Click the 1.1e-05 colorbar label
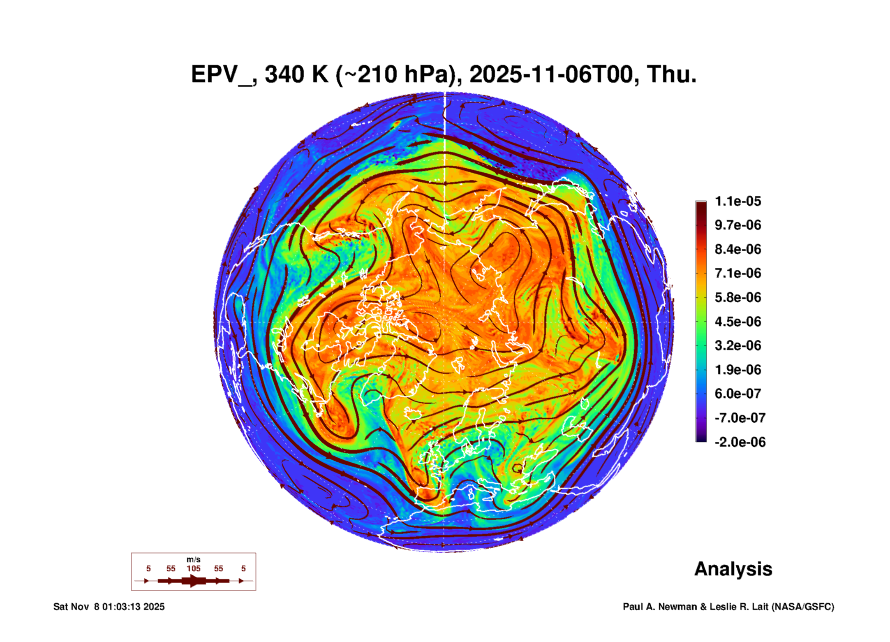pos(737,201)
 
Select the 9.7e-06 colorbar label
pos(737,225)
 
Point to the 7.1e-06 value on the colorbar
pos(737,273)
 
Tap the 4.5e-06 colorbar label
pos(737,321)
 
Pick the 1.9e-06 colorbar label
pos(737,369)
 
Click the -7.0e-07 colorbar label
pos(740,418)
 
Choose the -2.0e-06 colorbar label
pos(740,442)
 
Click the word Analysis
pos(733,569)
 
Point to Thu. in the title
pos(672,74)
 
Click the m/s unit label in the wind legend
pos(194,559)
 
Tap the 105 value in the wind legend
pos(194,568)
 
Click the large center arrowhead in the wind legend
pos(194,581)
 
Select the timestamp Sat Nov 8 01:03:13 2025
pos(109,607)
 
